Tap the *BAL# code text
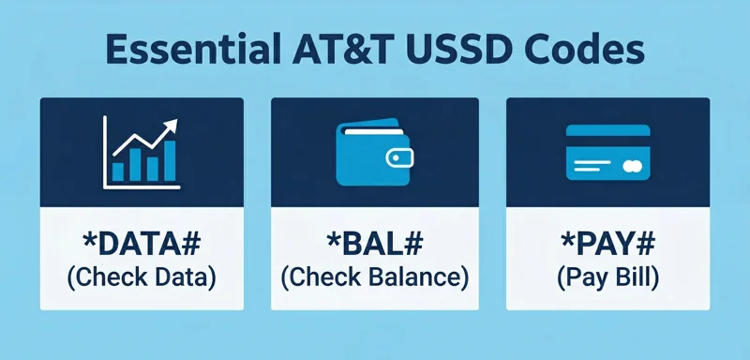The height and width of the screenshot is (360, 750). click(374, 247)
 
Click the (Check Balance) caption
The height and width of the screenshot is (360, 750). click(374, 277)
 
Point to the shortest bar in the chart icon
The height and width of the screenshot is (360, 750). click(118, 172)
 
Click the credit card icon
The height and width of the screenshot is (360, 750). click(608, 152)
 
